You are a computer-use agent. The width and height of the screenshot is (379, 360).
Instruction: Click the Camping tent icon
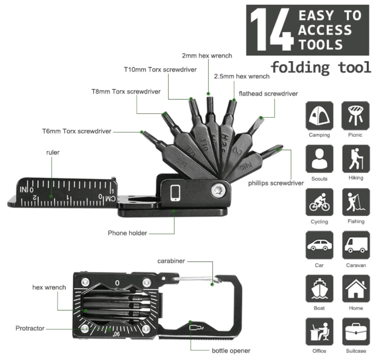tap(319, 116)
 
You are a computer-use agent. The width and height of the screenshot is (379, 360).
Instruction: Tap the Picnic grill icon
tap(356, 116)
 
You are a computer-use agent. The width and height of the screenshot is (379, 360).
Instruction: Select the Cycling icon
tap(319, 202)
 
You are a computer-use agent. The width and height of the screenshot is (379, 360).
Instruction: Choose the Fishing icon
tap(356, 202)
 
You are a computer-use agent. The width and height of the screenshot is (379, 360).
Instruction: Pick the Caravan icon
tap(356, 246)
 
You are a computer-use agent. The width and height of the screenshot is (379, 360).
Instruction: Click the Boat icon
tap(319, 289)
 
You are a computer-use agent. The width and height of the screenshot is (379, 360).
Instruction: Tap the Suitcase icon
tap(356, 332)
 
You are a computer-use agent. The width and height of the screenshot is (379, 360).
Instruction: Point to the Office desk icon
tap(319, 332)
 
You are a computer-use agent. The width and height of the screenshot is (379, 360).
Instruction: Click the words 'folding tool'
tap(320, 67)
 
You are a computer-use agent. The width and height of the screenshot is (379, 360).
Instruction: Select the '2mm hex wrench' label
tap(208, 55)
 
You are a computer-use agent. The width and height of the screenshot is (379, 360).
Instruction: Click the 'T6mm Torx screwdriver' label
tap(77, 130)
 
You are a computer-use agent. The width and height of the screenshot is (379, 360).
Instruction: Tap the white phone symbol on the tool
tap(176, 192)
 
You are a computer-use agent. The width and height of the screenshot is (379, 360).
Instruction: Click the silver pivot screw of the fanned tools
tap(217, 189)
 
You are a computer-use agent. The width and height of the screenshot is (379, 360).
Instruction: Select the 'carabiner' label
tap(171, 261)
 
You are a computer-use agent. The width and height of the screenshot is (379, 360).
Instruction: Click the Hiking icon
tap(356, 159)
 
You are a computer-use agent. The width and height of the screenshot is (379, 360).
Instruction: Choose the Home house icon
tap(356, 289)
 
